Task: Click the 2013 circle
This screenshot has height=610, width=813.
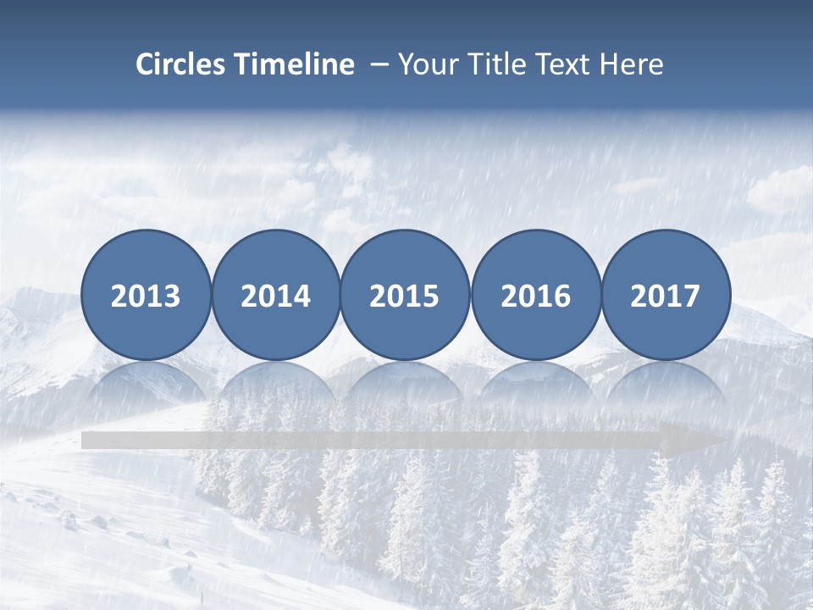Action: (146, 295)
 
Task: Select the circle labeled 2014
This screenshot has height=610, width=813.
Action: (275, 295)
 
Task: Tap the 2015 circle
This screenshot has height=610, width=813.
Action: (405, 295)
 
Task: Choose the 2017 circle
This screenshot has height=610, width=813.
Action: (666, 295)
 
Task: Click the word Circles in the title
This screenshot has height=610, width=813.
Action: (180, 64)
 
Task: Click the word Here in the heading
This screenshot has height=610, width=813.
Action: (632, 64)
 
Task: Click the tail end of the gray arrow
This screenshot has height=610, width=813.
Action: (89, 440)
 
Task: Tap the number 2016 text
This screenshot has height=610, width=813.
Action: (535, 296)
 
